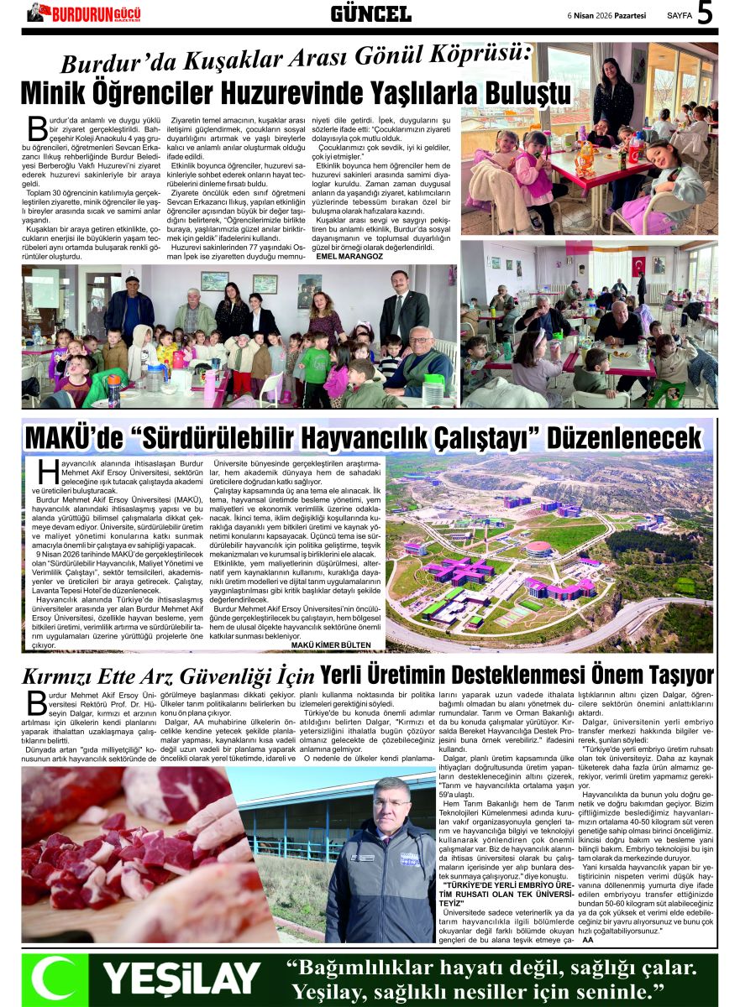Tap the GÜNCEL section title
(370, 13)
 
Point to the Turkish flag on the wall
(638, 265)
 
